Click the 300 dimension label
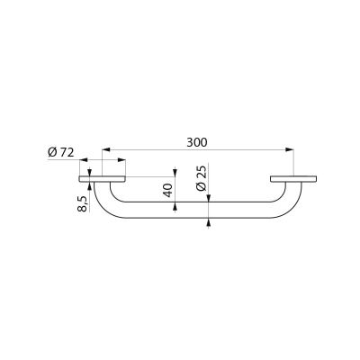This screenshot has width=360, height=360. [x=197, y=142]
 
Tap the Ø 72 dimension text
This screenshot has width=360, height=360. [x=61, y=153]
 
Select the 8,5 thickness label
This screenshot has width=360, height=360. [x=82, y=203]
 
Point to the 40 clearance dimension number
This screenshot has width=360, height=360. [x=168, y=190]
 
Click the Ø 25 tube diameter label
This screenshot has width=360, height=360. [x=202, y=178]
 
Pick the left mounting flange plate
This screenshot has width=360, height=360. [x=102, y=179]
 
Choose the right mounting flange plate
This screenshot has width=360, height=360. [x=293, y=179]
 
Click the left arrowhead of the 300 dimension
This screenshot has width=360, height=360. [x=106, y=149]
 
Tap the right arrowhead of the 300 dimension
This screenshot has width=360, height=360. [x=290, y=149]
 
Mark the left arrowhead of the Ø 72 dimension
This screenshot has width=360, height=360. [x=83, y=160]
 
